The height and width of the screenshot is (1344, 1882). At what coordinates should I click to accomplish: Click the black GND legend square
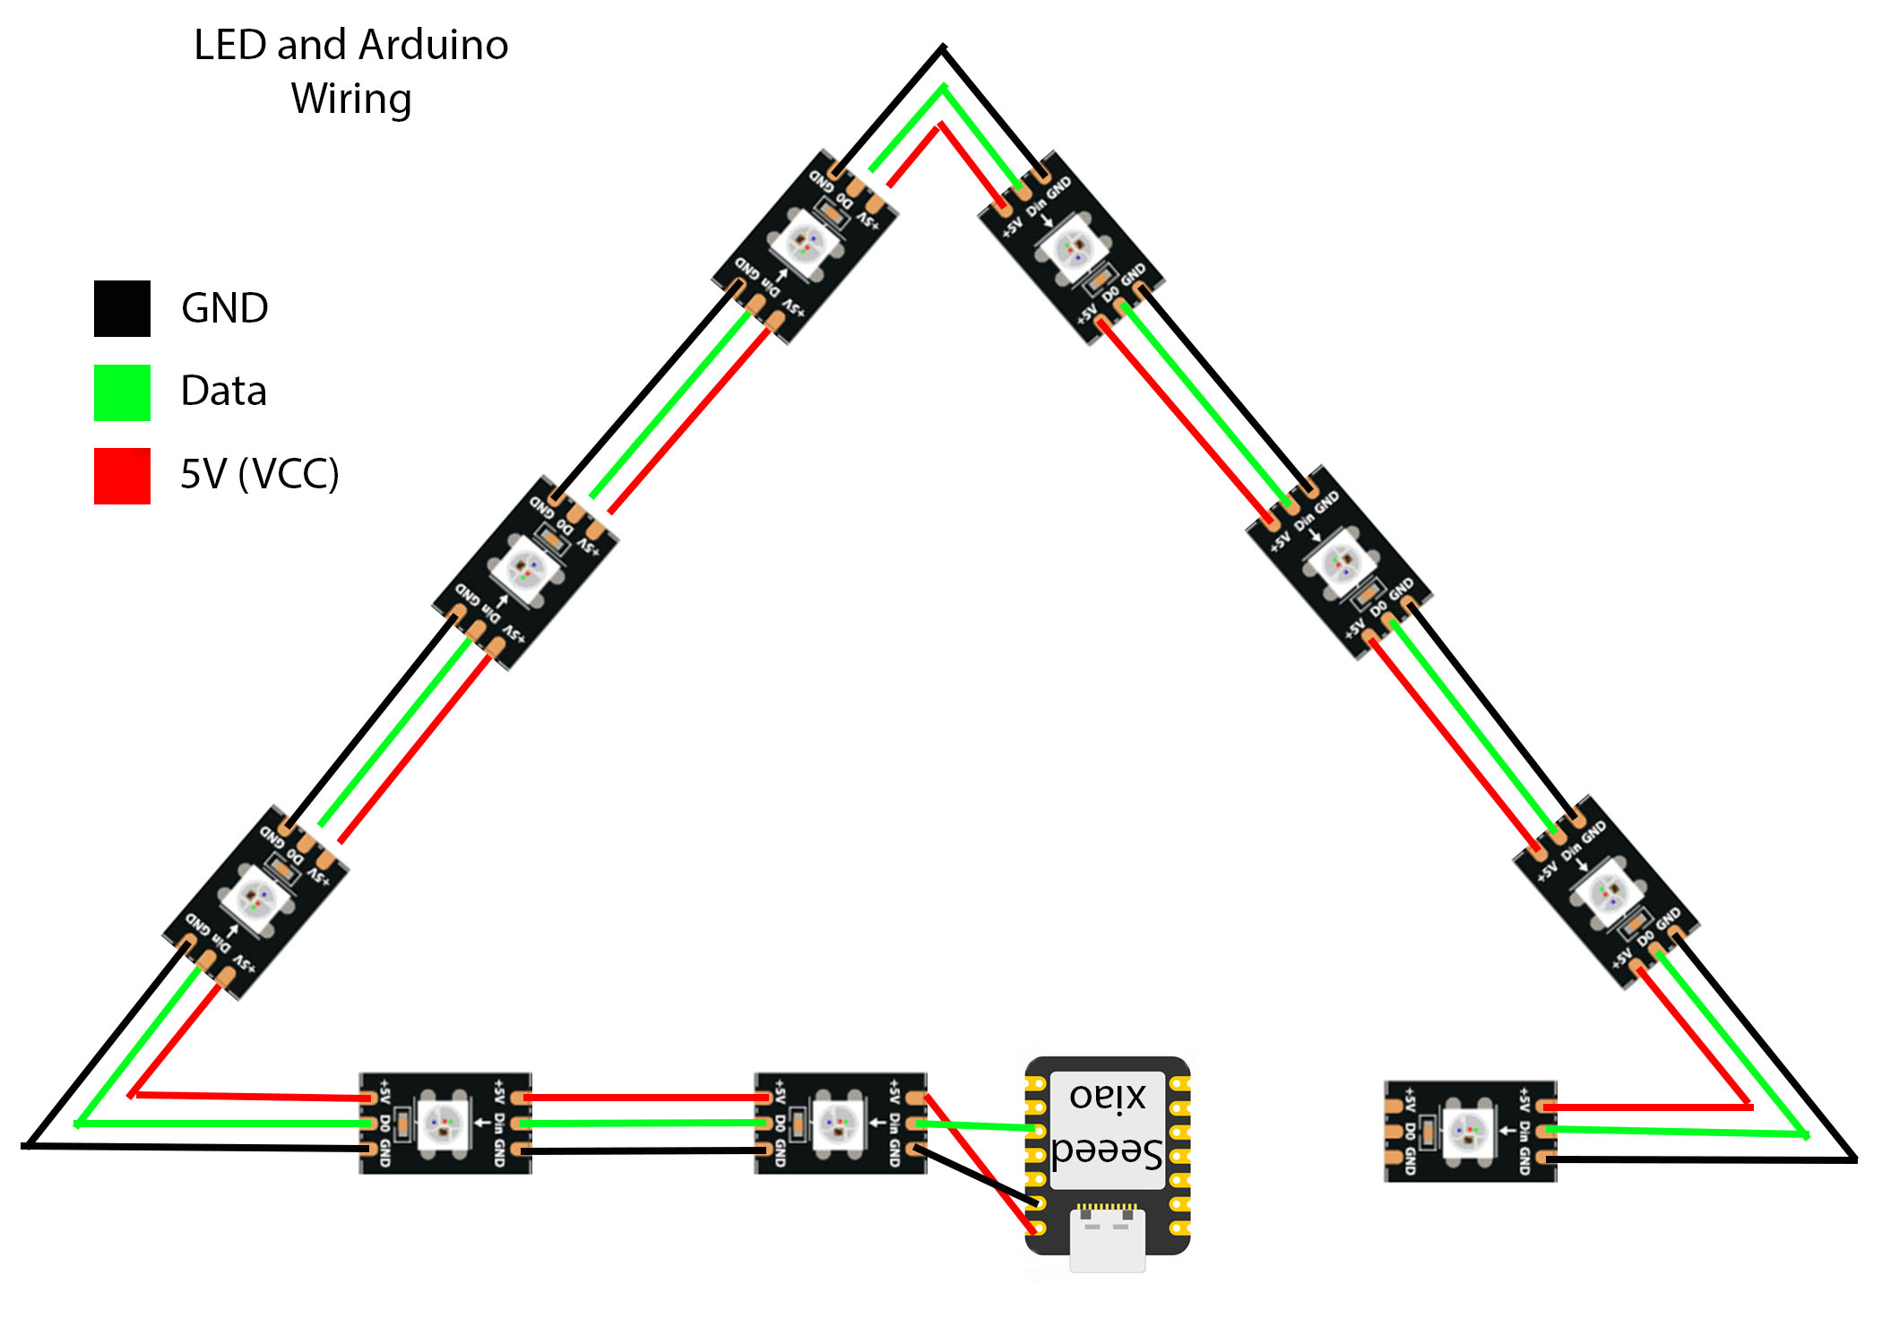tap(122, 308)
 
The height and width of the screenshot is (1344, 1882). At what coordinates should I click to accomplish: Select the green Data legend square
tap(122, 392)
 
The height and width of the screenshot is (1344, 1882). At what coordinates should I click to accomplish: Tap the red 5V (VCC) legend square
tap(122, 476)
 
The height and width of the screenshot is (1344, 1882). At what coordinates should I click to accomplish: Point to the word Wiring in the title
tap(351, 99)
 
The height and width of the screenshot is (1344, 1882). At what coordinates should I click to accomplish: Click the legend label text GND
tap(224, 308)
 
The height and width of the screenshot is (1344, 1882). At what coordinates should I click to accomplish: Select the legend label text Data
tap(223, 392)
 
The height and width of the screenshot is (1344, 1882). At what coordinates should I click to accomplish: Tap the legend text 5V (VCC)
tap(259, 474)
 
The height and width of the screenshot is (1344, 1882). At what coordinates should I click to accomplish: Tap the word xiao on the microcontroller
tap(1108, 1096)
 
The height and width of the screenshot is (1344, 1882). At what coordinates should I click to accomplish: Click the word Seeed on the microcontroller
tap(1108, 1152)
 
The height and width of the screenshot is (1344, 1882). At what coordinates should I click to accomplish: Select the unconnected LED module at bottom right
tap(1470, 1131)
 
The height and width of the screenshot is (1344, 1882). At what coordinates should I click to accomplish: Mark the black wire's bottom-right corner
tap(1853, 1159)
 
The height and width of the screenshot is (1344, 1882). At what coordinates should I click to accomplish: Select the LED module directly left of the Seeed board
tap(840, 1123)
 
